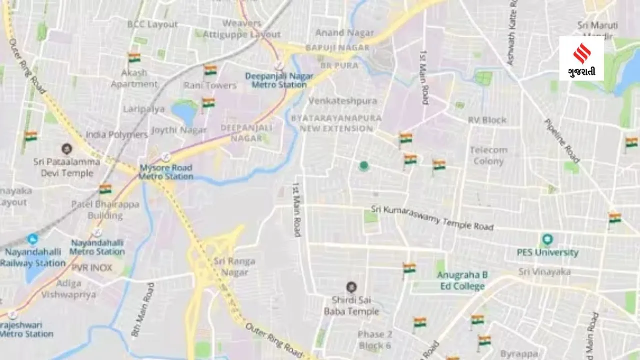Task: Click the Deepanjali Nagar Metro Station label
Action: [x=279, y=80]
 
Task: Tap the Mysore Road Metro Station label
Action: [x=166, y=172]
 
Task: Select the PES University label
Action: [x=548, y=252]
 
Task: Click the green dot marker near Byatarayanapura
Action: [x=364, y=166]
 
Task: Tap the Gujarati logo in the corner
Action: [x=581, y=59]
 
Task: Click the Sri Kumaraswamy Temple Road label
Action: [x=432, y=218]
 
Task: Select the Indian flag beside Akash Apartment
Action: [x=134, y=58]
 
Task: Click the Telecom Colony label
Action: [x=488, y=155]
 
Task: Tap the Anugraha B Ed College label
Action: [x=462, y=281]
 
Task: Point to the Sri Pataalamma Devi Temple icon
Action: [x=66, y=149]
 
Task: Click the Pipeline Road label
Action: [x=562, y=141]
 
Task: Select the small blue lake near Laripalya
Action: [x=185, y=112]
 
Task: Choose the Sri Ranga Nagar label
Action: [x=234, y=267]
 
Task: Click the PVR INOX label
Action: [x=92, y=268]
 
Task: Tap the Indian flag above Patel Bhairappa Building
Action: [x=105, y=189]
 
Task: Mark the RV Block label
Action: [x=487, y=120]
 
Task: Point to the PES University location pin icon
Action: [x=547, y=239]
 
